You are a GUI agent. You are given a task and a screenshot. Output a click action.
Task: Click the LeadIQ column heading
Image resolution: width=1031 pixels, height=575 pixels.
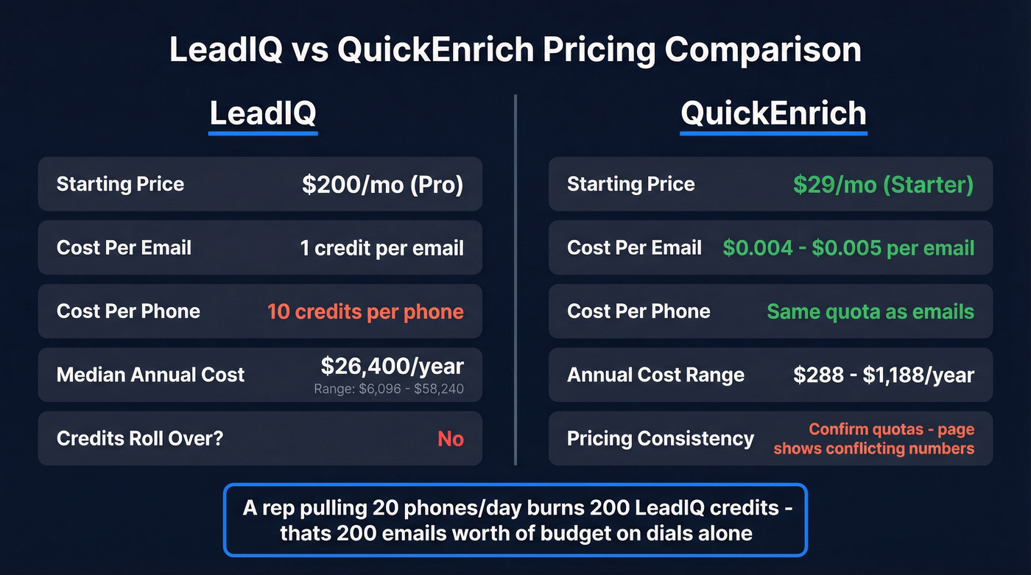pos(263,113)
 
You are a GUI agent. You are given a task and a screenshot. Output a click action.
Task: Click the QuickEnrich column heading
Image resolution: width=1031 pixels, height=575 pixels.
pos(773,113)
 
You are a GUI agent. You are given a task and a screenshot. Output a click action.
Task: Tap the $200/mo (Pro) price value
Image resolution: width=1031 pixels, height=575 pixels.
pos(382,184)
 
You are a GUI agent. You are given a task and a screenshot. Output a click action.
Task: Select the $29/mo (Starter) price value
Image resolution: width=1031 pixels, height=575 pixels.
pos(883,184)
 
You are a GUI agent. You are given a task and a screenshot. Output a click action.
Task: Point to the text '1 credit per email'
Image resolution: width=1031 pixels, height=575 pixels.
pos(381,248)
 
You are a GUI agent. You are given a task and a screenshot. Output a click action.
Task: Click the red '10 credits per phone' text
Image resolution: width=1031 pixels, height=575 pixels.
pos(365,311)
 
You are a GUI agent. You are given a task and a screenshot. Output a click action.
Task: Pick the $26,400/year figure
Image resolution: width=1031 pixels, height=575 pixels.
pos(392,366)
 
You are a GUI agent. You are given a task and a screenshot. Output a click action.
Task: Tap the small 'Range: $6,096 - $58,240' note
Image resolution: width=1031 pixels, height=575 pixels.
pos(389,389)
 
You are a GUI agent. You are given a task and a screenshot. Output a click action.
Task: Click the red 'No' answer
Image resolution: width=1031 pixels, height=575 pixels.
pos(450,439)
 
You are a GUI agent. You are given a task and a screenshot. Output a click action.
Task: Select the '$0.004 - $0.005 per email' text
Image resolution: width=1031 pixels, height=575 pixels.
pos(848,248)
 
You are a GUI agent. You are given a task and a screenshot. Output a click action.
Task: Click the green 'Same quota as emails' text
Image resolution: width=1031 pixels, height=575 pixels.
pos(870,311)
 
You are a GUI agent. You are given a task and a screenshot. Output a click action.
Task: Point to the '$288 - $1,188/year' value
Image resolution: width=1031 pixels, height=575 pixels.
pos(884,375)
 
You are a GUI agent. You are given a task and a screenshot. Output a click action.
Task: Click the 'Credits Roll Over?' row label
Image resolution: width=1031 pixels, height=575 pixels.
pos(140,439)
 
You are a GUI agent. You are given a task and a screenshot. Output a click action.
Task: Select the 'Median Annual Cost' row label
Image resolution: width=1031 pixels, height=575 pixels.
pos(150,375)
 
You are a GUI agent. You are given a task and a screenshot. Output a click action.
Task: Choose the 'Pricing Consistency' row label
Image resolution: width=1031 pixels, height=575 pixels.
pos(660,439)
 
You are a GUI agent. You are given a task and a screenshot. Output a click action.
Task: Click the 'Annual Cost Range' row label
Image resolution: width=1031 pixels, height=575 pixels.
pos(655,375)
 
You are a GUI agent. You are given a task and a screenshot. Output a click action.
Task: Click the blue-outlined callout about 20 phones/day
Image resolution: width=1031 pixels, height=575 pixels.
pos(515,520)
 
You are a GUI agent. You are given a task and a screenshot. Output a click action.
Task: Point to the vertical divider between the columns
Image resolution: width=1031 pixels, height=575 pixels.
pos(515,280)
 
